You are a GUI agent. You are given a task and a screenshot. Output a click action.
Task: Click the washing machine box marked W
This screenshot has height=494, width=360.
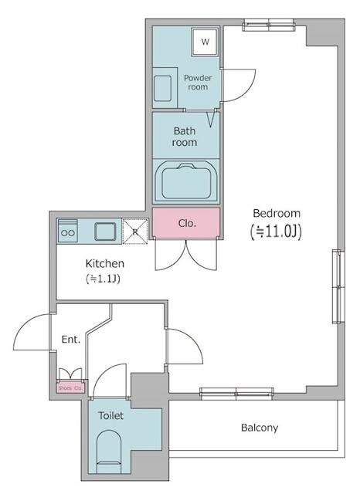coord(205,42)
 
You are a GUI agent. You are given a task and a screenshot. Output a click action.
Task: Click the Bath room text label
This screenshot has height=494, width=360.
coord(185,137)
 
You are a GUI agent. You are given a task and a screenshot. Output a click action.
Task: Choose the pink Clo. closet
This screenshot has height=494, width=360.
coord(186,223)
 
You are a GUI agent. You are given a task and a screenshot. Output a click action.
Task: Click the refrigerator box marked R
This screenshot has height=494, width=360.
coord(134,230)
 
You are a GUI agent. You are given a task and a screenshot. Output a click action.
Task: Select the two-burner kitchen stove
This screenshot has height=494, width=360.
coord(67,230)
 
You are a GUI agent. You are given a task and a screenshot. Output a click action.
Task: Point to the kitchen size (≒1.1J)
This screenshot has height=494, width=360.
coord(103,279)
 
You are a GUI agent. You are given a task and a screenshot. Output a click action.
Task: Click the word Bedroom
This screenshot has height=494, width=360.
coord(276,213)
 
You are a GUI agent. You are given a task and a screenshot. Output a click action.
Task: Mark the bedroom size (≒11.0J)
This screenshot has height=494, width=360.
coord(275,231)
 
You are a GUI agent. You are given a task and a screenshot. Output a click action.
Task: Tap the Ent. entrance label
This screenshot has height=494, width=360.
coord(71,340)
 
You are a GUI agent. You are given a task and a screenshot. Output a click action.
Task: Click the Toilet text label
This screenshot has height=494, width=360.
coord(110,415)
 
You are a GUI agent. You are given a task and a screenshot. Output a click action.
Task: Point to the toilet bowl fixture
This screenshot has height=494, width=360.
coord(110,450)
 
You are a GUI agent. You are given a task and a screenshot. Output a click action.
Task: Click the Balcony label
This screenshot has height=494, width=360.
coord(260,427)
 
